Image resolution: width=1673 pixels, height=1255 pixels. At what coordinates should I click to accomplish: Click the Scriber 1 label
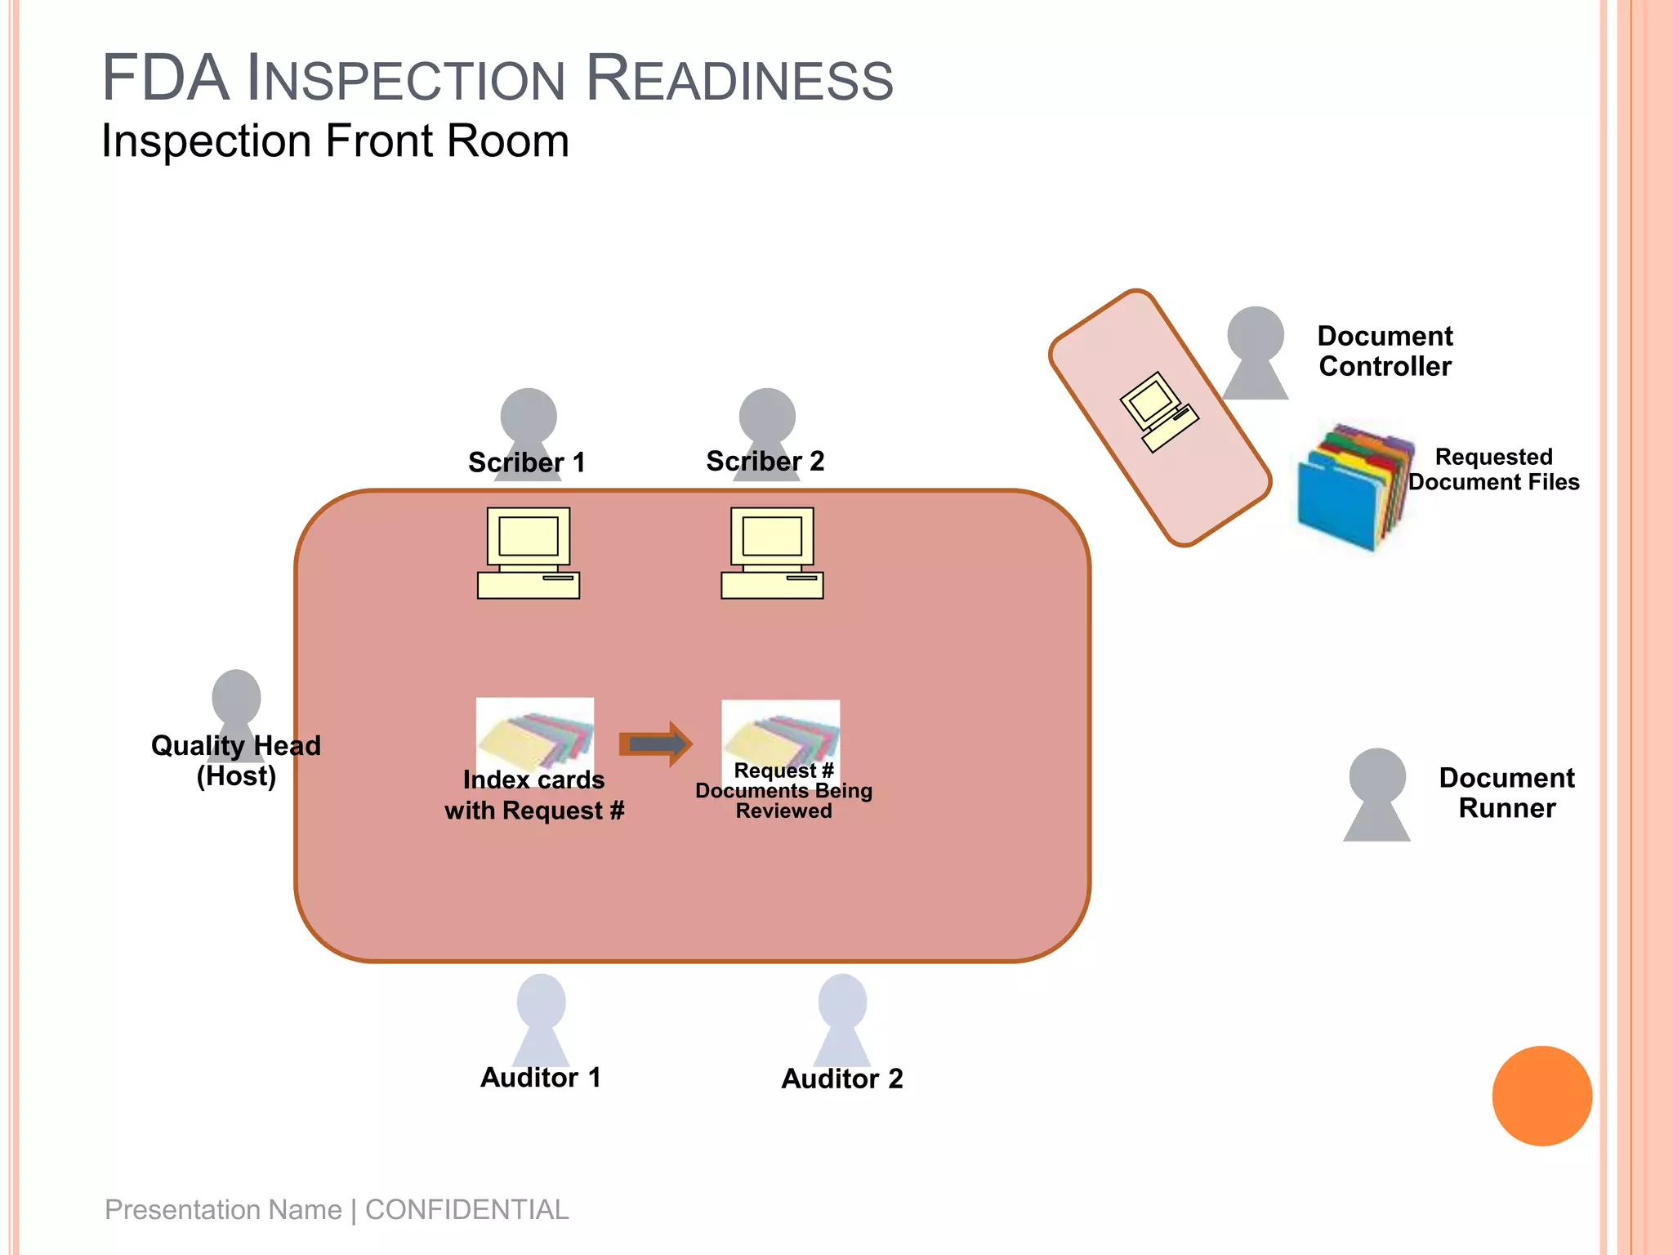[x=527, y=462]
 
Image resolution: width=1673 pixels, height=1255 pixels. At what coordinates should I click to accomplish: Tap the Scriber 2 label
[x=765, y=461]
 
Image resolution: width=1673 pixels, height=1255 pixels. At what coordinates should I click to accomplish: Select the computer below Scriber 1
[x=529, y=553]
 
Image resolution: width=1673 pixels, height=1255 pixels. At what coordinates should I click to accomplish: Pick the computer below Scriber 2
[x=772, y=553]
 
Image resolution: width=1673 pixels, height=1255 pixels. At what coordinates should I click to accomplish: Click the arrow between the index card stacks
[x=656, y=744]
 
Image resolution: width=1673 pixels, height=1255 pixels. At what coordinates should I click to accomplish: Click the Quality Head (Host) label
[x=236, y=761]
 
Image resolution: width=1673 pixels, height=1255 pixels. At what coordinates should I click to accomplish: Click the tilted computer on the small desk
[x=1158, y=412]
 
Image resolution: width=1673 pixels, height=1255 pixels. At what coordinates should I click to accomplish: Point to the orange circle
[x=1541, y=1096]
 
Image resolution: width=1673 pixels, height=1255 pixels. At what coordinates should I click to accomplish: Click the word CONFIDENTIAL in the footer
[x=466, y=1209]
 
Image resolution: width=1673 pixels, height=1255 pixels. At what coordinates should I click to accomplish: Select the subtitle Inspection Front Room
[x=335, y=141]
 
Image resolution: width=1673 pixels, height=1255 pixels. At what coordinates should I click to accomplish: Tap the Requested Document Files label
[x=1493, y=469]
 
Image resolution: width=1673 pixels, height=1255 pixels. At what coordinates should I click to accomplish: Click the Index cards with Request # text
[x=534, y=795]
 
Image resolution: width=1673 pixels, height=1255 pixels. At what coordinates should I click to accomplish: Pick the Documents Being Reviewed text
[x=783, y=801]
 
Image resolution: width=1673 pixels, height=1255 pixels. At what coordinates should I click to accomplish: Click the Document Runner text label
[x=1506, y=793]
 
